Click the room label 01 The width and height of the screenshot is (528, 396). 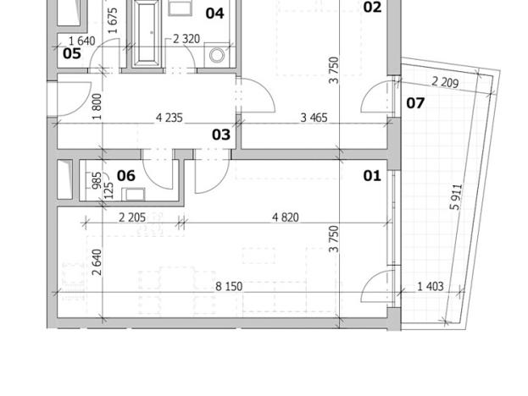[372, 176]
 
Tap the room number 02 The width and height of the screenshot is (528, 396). [372, 8]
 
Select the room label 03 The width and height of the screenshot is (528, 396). [221, 135]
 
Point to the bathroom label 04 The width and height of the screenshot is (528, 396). [214, 14]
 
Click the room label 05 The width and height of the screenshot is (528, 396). [72, 54]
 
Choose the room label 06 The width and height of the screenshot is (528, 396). [126, 175]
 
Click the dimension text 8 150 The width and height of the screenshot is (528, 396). [229, 287]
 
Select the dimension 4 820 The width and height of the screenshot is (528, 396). [285, 217]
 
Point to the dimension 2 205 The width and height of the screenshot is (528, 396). [132, 217]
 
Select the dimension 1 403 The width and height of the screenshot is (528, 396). [430, 287]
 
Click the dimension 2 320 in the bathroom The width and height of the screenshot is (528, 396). [186, 39]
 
